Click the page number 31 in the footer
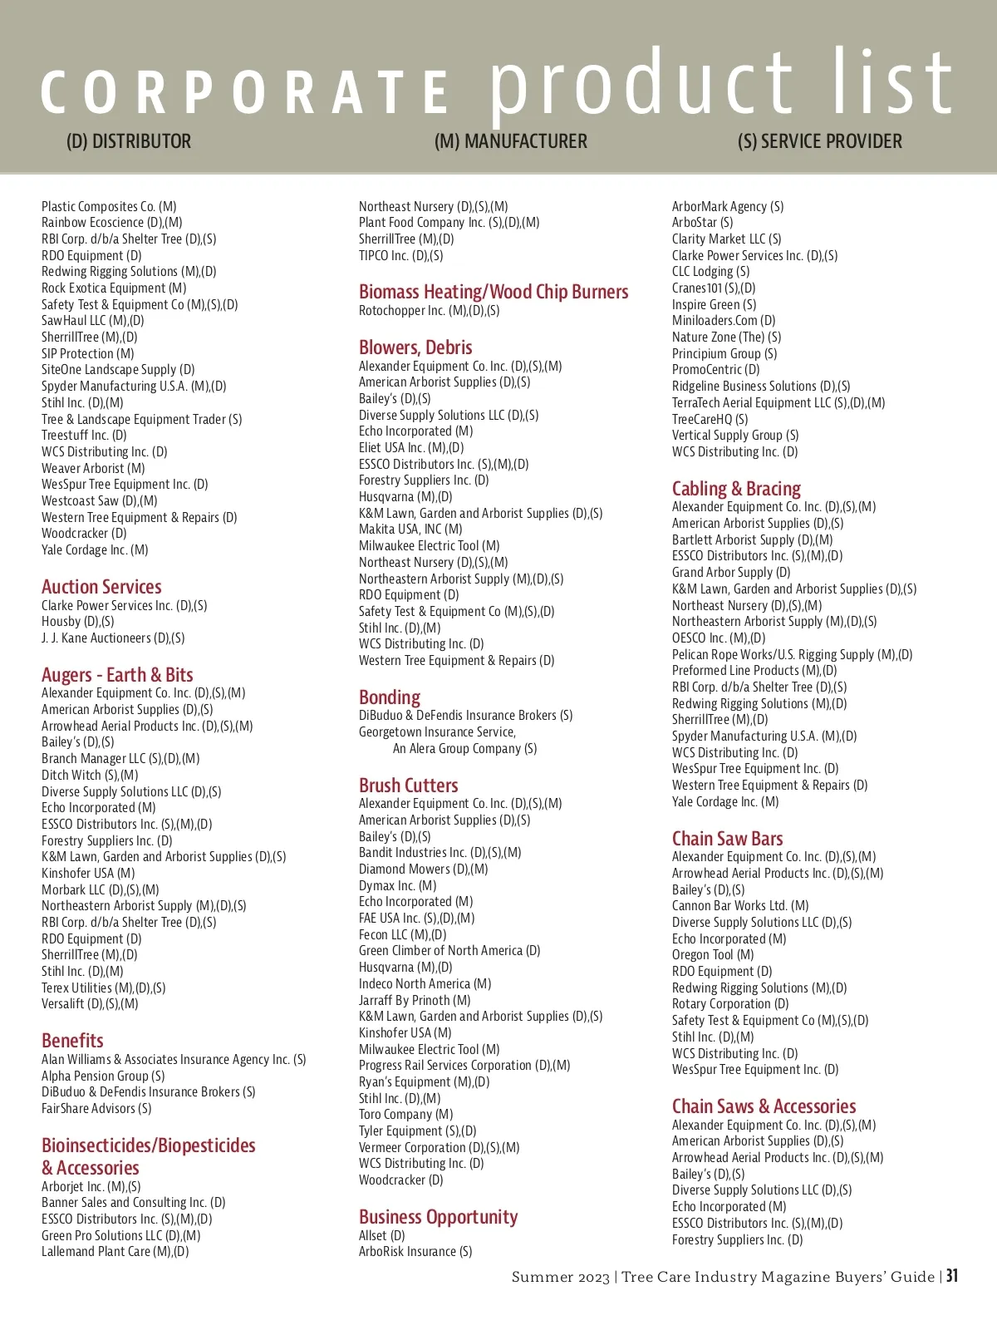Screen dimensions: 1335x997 [952, 1276]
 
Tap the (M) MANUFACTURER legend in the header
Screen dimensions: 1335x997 [510, 141]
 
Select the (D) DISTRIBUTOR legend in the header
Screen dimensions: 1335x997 [129, 141]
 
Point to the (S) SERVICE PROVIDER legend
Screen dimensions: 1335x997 [819, 141]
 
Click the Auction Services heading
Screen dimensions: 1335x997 [101, 587]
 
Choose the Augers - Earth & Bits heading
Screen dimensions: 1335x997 [117, 675]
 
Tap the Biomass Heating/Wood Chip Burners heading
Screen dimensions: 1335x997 [494, 292]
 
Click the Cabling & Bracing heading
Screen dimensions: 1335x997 [736, 489]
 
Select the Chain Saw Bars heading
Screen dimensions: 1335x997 [727, 839]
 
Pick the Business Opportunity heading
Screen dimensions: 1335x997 [438, 1217]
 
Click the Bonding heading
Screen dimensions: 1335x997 [390, 697]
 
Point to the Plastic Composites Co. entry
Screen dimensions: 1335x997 [109, 206]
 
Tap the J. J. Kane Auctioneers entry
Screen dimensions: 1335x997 [113, 638]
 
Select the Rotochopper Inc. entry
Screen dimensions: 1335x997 [429, 311]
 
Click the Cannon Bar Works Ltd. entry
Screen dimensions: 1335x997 [739, 906]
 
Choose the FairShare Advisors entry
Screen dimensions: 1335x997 [96, 1109]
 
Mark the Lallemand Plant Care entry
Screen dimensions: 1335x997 [115, 1252]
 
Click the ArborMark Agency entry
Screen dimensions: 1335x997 [727, 206]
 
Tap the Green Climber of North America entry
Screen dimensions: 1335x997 [449, 951]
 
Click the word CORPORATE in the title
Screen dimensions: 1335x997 [245, 91]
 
